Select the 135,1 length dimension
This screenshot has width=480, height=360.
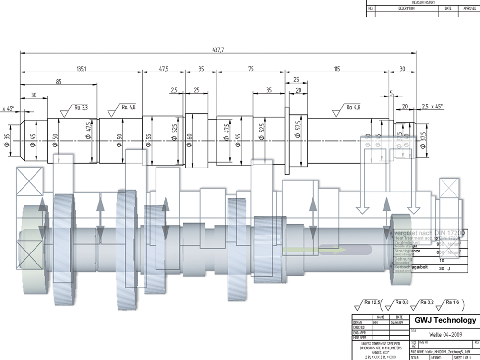(x=81, y=69)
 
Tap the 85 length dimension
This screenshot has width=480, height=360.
(x=59, y=82)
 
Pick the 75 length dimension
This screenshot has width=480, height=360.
(x=251, y=69)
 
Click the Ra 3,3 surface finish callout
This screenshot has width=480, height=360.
(x=81, y=107)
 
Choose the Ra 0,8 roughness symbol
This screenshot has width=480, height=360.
(x=398, y=303)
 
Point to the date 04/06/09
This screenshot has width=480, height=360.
(x=399, y=322)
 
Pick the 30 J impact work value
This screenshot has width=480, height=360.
(x=444, y=269)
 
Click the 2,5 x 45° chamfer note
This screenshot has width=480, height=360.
(x=432, y=106)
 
